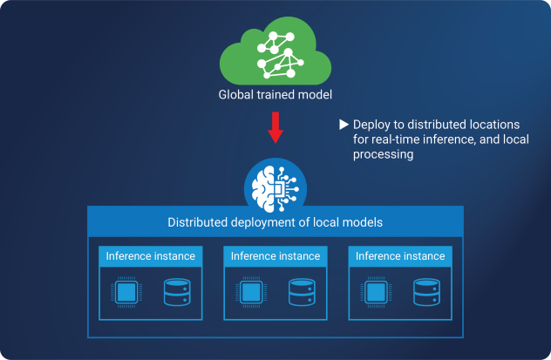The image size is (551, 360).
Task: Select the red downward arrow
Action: point(275,128)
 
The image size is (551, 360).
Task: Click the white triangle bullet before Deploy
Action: point(344,125)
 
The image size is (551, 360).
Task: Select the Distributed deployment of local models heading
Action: point(275,222)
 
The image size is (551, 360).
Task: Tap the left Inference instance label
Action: point(150,256)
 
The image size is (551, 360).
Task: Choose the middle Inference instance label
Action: point(275,256)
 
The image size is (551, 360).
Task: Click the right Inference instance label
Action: point(400,256)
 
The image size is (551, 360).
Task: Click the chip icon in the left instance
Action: point(126,292)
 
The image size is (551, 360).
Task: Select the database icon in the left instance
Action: point(176,292)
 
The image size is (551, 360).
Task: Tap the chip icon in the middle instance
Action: point(252,292)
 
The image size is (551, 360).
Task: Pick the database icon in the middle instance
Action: point(301,292)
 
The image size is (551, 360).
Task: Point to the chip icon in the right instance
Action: point(377,292)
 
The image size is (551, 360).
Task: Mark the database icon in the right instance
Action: point(425,292)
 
